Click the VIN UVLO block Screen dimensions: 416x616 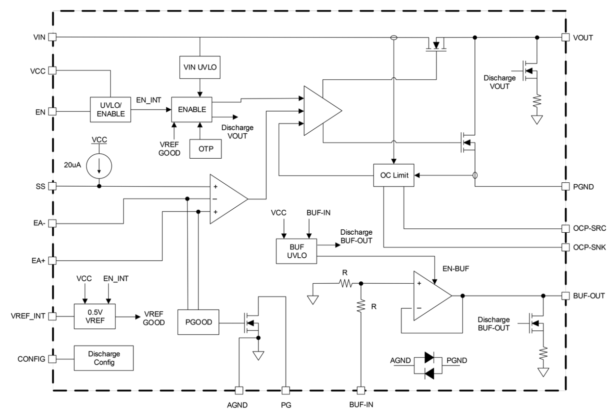point(200,67)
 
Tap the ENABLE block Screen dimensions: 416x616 point(192,110)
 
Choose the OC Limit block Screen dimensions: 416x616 point(394,175)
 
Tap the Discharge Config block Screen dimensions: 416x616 point(104,358)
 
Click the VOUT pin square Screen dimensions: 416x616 point(565,37)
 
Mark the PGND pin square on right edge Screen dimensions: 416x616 point(565,187)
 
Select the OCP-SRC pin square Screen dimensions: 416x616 point(565,228)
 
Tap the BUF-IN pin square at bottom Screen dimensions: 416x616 point(361,391)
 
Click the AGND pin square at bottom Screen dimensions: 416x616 point(238,391)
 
